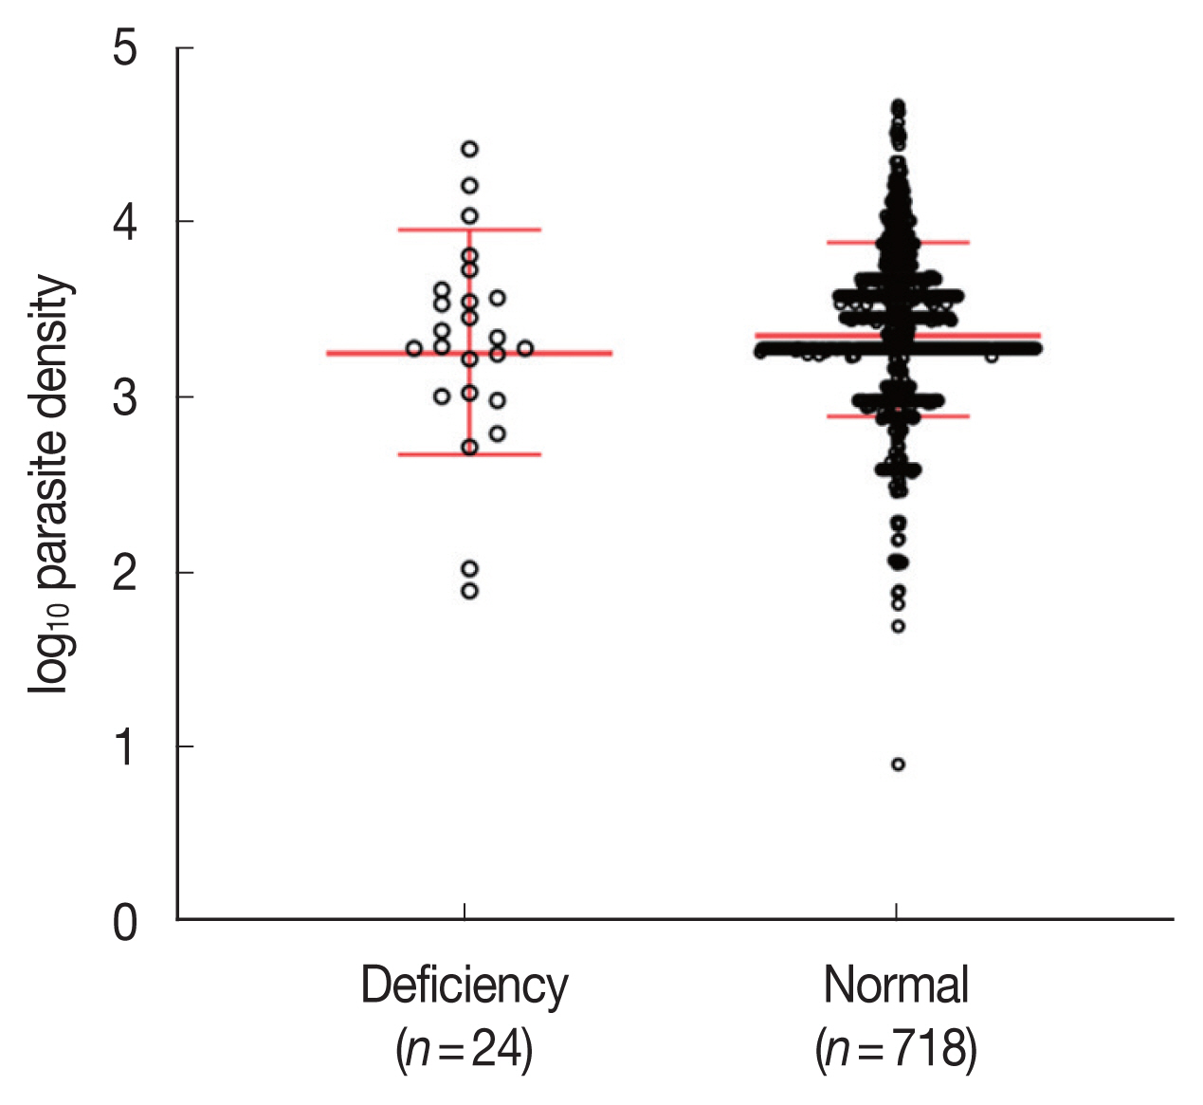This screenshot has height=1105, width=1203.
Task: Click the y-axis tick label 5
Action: [x=125, y=48]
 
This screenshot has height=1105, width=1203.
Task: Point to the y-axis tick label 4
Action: [x=125, y=222]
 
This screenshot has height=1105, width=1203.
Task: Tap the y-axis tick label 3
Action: [x=125, y=397]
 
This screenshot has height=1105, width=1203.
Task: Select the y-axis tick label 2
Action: [x=125, y=572]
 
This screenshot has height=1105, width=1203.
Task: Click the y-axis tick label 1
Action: [x=125, y=747]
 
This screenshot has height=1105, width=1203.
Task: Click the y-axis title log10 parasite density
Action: [x=49, y=484]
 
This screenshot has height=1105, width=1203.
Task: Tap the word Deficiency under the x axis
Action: [x=464, y=985]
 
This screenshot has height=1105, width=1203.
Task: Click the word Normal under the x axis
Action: [x=896, y=985]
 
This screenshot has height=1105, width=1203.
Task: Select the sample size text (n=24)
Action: [x=464, y=1050]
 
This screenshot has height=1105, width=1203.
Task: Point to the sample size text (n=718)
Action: [x=896, y=1050]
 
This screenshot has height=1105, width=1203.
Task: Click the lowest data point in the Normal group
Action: [x=898, y=764]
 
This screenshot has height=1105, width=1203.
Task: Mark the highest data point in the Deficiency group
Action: [x=469, y=149]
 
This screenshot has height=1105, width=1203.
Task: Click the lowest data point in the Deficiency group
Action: [x=469, y=591]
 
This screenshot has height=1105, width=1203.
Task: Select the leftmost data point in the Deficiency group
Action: [x=414, y=348]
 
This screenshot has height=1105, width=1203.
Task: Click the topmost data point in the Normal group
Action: [x=898, y=105]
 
